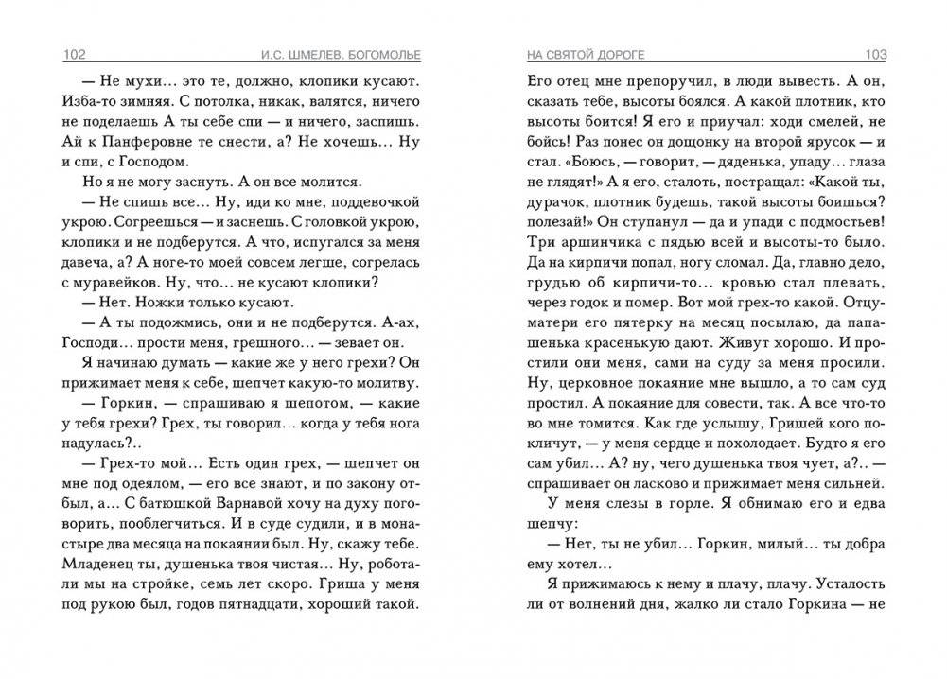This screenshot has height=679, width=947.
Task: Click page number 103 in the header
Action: [x=876, y=53]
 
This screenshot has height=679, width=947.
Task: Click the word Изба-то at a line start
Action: [x=88, y=99]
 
